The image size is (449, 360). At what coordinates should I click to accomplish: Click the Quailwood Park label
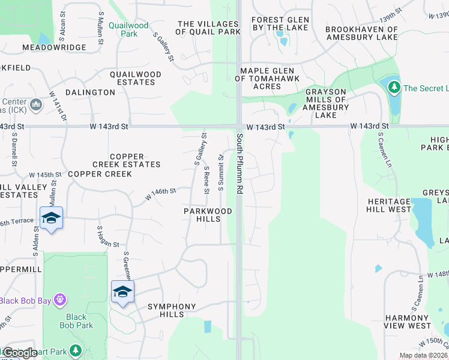click(x=128, y=29)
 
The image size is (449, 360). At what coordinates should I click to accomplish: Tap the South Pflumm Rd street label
click(x=239, y=163)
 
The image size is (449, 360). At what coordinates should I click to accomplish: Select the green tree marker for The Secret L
click(x=394, y=88)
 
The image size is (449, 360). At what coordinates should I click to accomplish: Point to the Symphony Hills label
click(x=172, y=310)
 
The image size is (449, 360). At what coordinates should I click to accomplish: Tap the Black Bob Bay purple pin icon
click(x=59, y=299)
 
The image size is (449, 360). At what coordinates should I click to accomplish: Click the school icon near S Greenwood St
click(x=122, y=292)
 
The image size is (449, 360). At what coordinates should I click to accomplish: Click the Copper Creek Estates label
click(x=127, y=160)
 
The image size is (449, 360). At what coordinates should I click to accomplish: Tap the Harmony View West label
click(x=408, y=322)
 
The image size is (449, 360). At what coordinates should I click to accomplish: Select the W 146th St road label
click(x=160, y=194)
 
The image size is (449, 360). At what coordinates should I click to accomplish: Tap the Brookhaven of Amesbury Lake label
click(x=361, y=33)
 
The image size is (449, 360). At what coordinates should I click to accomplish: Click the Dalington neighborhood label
click(x=90, y=92)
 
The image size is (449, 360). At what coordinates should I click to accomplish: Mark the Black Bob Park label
click(x=76, y=321)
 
